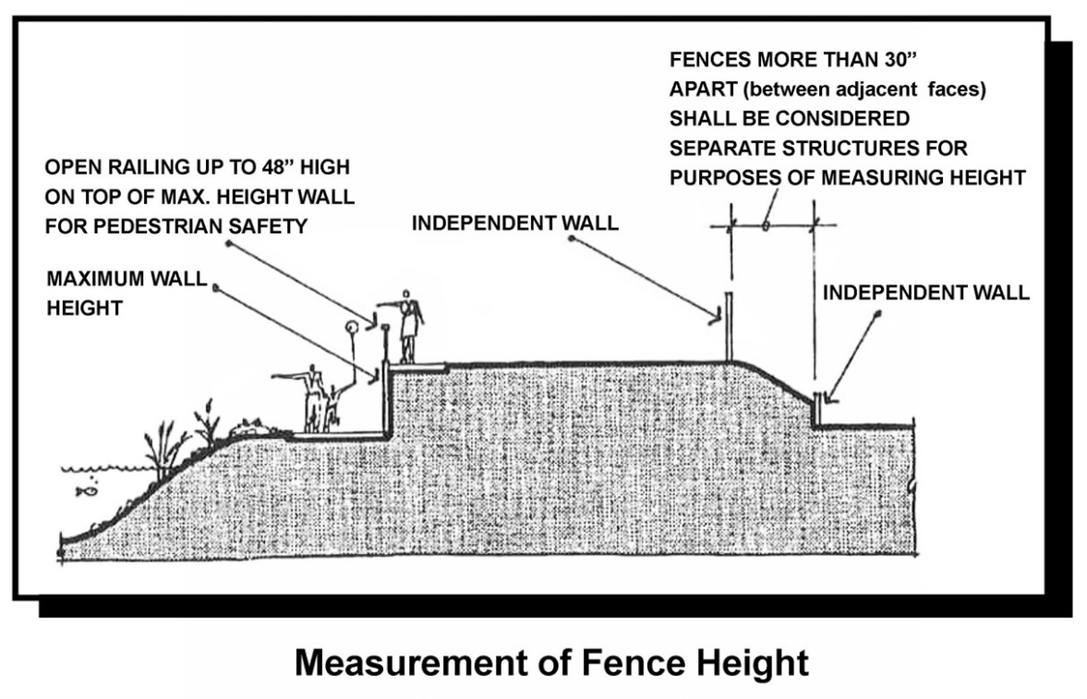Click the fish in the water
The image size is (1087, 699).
[x=84, y=490]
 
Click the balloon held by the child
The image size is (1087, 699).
[x=350, y=327]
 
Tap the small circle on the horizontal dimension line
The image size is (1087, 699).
[x=767, y=223]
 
